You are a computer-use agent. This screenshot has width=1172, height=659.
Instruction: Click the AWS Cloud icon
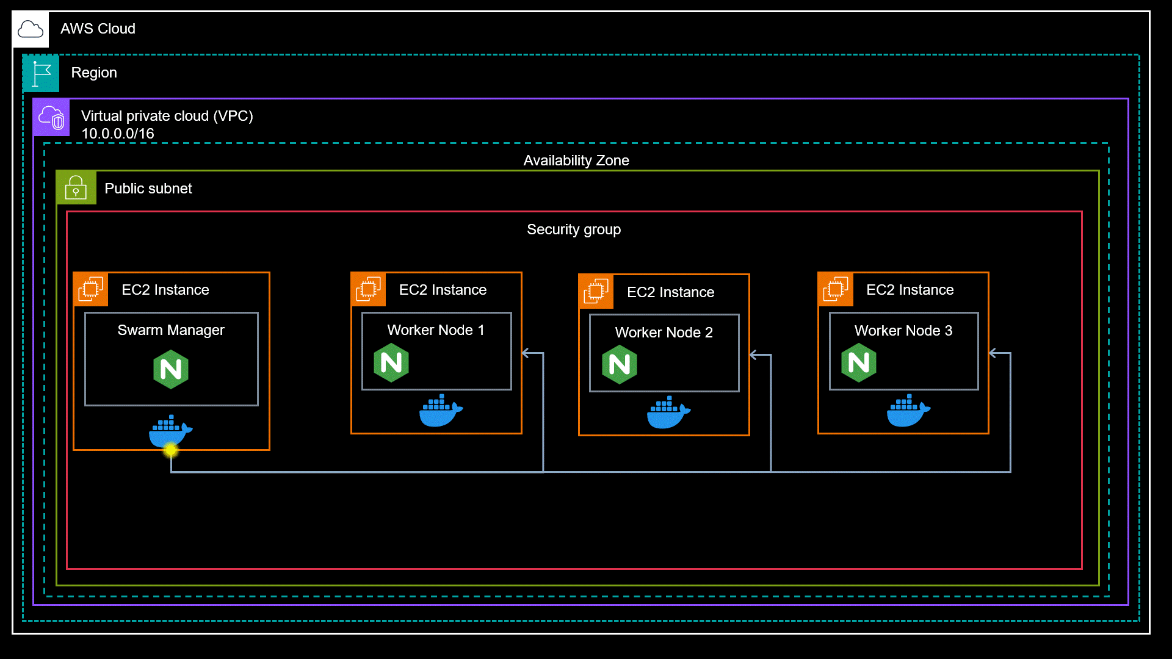pos(31,29)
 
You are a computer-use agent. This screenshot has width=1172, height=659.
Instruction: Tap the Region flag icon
pos(41,73)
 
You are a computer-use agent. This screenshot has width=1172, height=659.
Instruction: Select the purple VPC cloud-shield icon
pos(51,117)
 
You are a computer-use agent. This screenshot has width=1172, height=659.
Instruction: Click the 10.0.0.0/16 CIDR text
pos(117,134)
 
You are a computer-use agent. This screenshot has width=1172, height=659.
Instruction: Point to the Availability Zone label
pos(576,160)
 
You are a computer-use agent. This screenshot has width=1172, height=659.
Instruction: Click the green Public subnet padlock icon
pos(76,188)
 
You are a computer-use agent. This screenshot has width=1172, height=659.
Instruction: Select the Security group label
pos(573,229)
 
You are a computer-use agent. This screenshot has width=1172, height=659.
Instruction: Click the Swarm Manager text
pos(171,330)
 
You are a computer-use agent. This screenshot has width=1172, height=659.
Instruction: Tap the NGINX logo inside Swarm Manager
pos(171,369)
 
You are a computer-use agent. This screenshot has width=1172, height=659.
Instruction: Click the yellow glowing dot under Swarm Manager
pos(171,450)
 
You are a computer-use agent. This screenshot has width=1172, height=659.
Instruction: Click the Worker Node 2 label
pos(664,333)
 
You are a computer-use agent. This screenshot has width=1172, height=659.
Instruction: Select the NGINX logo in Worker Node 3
pos(858,363)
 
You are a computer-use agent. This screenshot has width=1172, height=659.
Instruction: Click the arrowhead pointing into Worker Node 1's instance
pos(526,353)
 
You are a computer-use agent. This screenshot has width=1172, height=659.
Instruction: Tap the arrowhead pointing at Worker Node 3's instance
pos(993,353)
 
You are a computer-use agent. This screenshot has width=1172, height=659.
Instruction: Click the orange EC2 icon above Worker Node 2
pos(596,292)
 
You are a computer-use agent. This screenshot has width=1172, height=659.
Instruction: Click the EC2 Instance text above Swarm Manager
pos(165,290)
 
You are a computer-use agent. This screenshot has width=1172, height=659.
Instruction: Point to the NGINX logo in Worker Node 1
pos(391,363)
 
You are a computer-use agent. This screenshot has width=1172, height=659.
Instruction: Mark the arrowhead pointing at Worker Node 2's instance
pos(753,355)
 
